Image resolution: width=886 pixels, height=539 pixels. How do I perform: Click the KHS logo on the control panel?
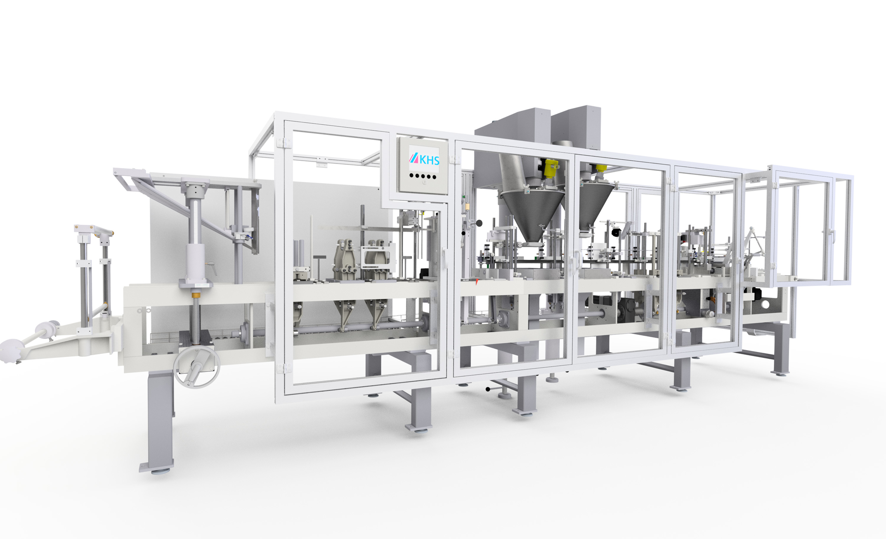pos(424,159)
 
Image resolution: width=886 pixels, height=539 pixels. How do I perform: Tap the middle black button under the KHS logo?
pos(423,176)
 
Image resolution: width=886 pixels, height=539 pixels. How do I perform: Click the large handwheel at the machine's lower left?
pos(197,367)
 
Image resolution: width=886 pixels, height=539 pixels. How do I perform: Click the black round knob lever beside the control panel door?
pos(479,224)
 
